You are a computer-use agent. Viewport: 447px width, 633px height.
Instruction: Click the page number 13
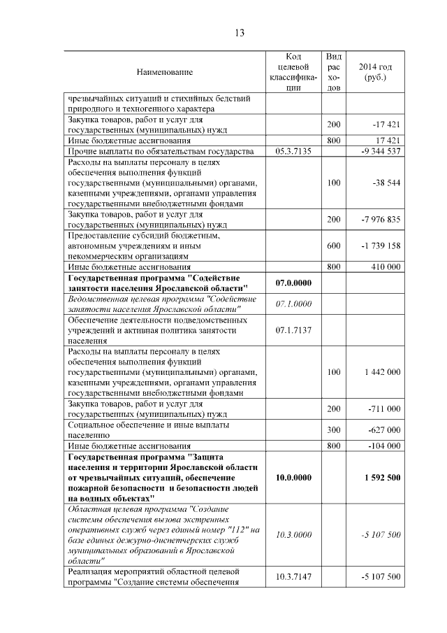(239, 33)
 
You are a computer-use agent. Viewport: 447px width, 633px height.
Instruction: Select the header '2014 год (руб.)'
(375, 72)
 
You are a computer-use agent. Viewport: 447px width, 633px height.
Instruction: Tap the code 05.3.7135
(293, 151)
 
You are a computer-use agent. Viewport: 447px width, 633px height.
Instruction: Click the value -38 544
(386, 183)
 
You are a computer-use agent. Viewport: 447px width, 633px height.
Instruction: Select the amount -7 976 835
(381, 220)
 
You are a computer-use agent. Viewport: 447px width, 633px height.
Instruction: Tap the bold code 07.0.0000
(293, 283)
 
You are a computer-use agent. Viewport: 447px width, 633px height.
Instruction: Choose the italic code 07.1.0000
(293, 304)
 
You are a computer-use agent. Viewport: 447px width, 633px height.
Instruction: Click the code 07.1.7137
(293, 329)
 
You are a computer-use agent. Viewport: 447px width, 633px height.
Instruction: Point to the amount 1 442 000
(382, 371)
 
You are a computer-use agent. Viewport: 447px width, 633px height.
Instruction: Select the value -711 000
(384, 408)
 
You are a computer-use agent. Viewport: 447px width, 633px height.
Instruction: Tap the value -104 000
(384, 446)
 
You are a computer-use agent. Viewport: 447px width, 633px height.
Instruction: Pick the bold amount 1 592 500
(382, 477)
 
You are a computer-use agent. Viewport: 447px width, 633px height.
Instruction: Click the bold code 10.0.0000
(293, 477)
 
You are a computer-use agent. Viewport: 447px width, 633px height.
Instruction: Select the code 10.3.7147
(293, 576)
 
